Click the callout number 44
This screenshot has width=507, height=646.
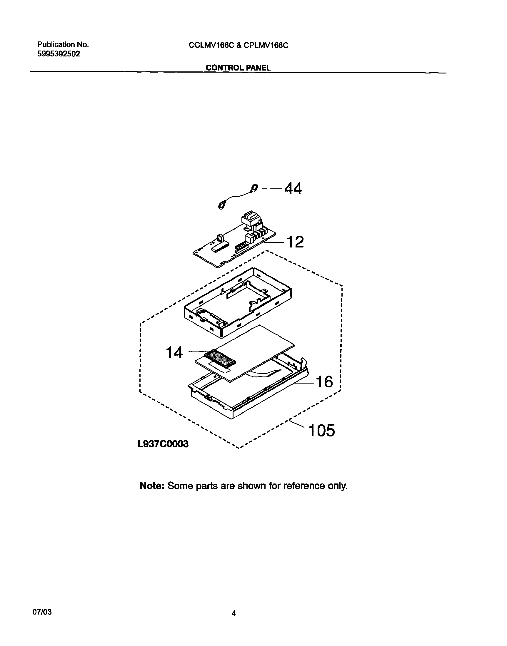pos(293,188)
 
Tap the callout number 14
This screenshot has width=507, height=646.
pos(174,353)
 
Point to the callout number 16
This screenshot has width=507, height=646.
pos(324,382)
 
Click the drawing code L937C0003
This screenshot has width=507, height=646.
pos(163,444)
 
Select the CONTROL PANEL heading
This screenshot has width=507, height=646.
pos(238,68)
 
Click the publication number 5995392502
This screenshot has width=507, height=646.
pos(59,54)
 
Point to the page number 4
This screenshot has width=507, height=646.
pos(234,613)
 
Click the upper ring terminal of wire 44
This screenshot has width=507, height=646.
pos(254,188)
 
